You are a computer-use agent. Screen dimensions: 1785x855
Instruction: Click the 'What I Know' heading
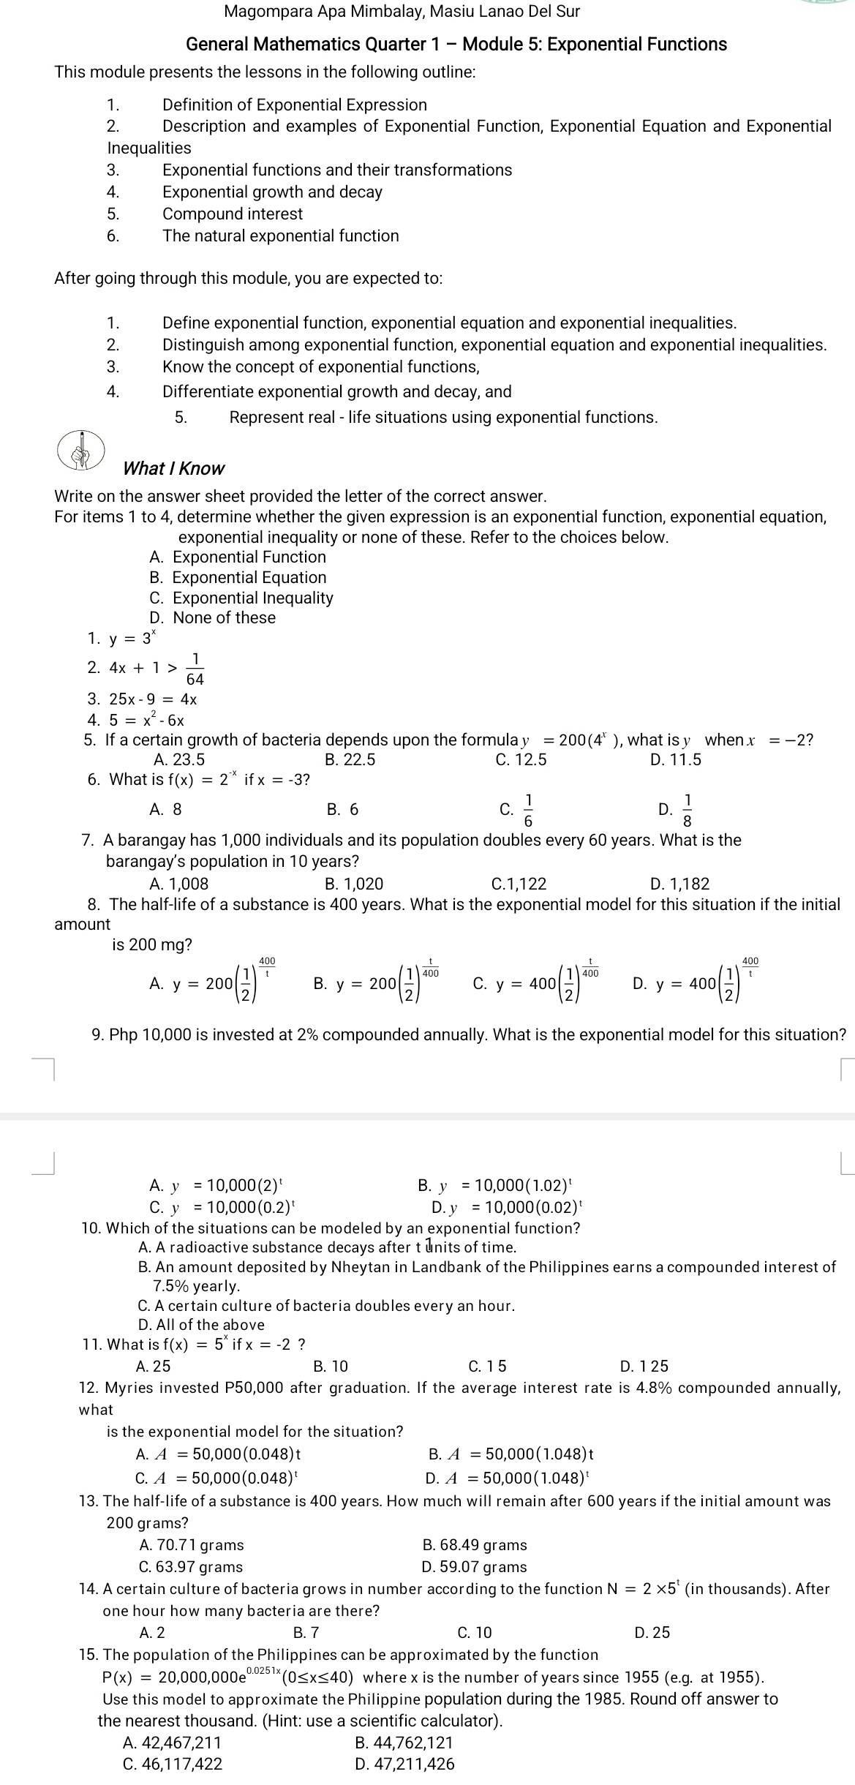click(173, 468)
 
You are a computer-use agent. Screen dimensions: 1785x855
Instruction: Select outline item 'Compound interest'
click(232, 214)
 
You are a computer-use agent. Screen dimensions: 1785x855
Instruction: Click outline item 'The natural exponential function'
click(280, 236)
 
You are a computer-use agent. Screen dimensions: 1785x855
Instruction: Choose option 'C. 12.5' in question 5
click(520, 759)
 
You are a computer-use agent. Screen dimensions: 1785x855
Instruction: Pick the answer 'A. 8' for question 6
click(165, 809)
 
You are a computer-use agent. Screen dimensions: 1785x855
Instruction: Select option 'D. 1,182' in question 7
click(679, 884)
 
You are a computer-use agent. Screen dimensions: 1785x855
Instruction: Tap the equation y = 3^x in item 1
click(132, 639)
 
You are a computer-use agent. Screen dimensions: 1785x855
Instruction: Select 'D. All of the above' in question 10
click(201, 1324)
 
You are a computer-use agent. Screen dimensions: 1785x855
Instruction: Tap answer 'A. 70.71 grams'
click(191, 1544)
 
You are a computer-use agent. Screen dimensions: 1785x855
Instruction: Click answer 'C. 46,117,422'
click(173, 1764)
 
